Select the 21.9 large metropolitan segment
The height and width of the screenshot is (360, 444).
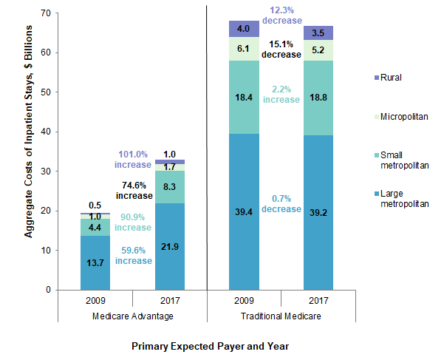click(169, 245)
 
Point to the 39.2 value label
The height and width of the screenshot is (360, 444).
click(318, 212)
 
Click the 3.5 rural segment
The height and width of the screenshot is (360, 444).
click(318, 33)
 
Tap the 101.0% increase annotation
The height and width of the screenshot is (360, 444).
click(133, 159)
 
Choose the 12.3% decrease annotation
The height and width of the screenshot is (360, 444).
click(281, 15)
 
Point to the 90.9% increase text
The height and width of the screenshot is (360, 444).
click(133, 222)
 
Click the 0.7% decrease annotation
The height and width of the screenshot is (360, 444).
click(281, 203)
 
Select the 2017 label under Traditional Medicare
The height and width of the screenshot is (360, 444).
click(318, 302)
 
